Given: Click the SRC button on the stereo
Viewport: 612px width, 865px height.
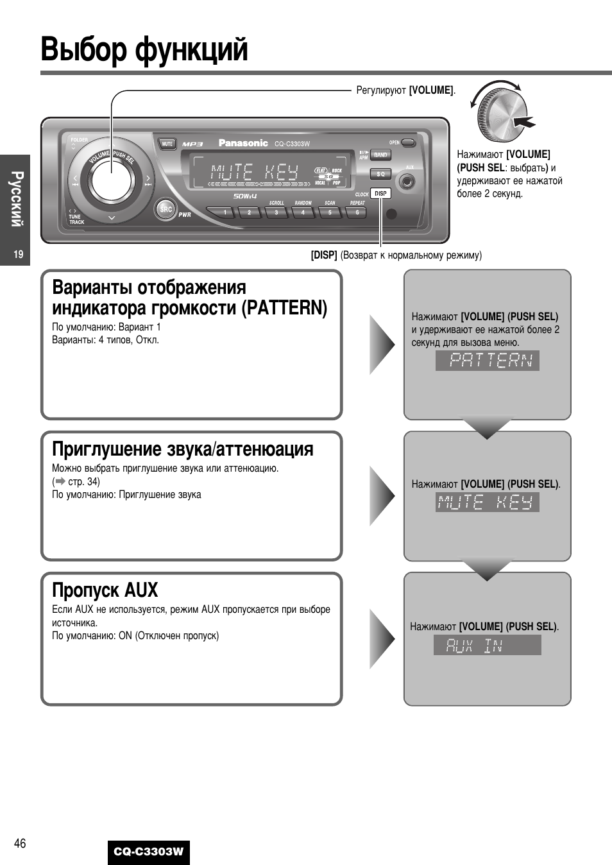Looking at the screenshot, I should click(166, 209).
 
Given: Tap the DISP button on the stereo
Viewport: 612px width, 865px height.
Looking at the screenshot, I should click(380, 193).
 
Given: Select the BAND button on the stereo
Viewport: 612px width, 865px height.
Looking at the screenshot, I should click(380, 155).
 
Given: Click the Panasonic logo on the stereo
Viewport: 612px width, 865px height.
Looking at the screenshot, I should click(243, 143).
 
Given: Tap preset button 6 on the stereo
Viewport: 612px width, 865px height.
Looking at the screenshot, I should click(357, 212).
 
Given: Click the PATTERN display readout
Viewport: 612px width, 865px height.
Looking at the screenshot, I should click(488, 361).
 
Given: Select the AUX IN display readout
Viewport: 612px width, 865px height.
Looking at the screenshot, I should click(487, 645).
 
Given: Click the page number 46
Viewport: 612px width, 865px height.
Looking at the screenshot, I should click(20, 843).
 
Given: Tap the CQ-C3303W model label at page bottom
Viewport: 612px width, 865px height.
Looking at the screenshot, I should click(149, 852).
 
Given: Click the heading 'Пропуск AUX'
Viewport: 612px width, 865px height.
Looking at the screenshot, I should click(105, 590).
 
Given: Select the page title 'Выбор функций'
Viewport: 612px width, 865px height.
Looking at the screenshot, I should click(144, 50).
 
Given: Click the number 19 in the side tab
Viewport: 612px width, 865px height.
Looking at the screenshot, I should click(18, 255).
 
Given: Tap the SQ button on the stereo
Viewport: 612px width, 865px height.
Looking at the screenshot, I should click(380, 174).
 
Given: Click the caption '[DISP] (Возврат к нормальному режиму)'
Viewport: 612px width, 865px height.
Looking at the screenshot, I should click(396, 255).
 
